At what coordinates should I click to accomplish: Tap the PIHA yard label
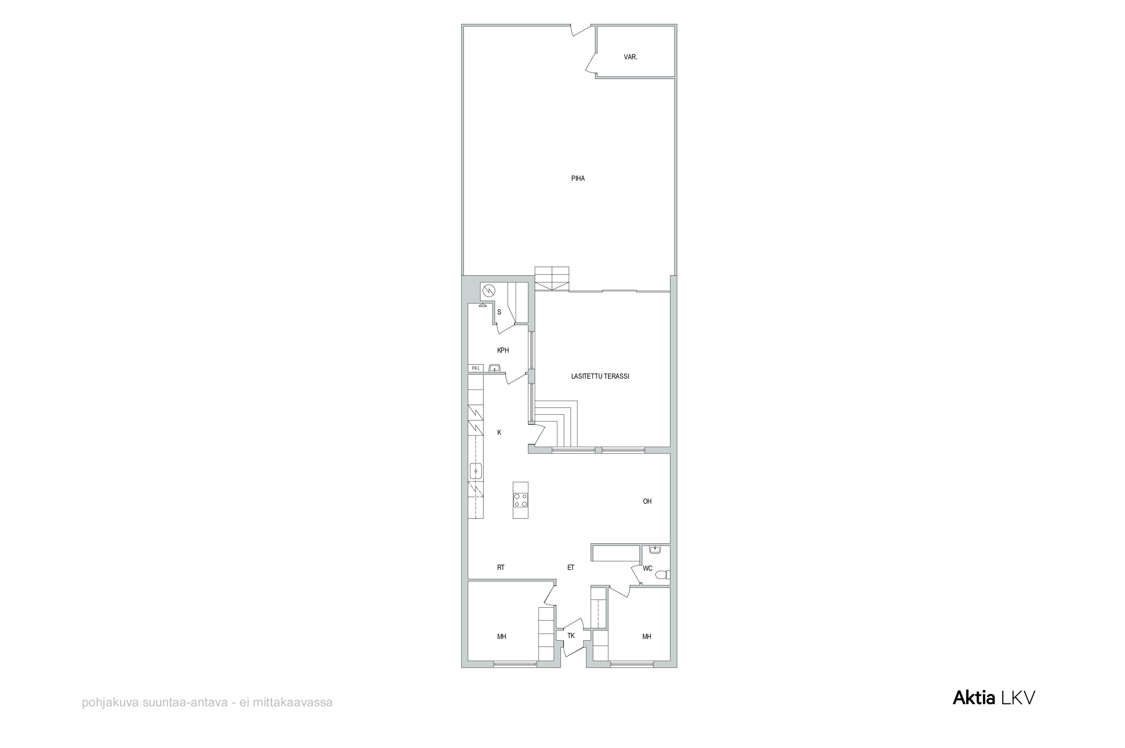(x=578, y=178)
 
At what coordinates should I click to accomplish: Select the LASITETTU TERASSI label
(x=600, y=376)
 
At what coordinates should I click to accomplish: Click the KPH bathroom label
(x=503, y=351)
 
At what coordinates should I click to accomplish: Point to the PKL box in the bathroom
(x=475, y=368)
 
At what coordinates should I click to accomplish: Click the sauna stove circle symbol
(x=489, y=290)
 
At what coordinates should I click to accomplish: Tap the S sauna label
(x=499, y=312)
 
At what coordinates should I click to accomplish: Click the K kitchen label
(x=499, y=433)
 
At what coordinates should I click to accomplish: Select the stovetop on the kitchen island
(x=520, y=500)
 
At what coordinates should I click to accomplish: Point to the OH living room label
(x=647, y=501)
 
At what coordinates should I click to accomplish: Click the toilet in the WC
(x=663, y=575)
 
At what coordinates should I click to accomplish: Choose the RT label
(x=501, y=568)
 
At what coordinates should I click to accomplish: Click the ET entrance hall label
(x=571, y=568)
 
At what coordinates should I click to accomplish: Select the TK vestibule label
(x=571, y=636)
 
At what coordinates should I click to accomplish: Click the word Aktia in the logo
(x=974, y=699)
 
